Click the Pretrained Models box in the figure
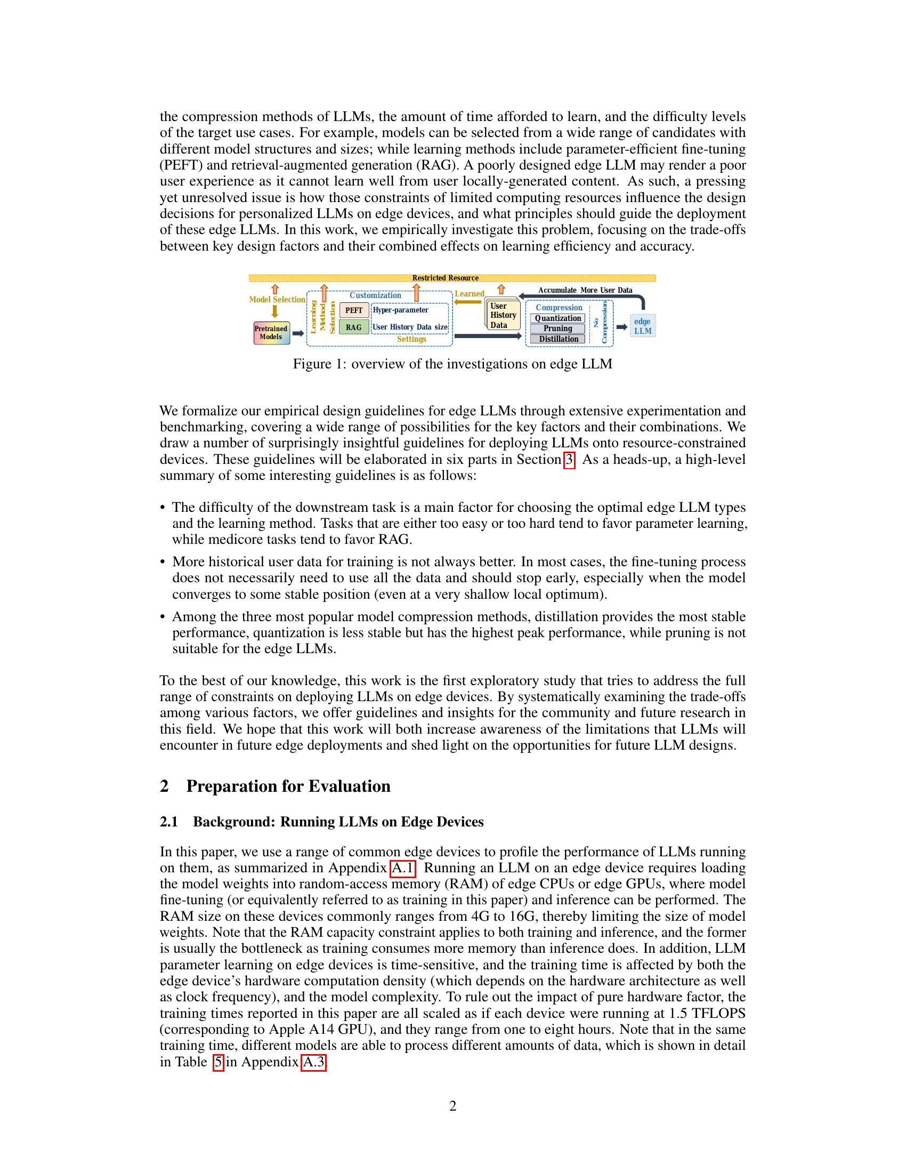271,333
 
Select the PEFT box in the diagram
354,310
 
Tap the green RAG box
354,327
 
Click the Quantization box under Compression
557,318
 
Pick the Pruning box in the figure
557,328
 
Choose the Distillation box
557,339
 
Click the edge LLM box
643,326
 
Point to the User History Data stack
503,315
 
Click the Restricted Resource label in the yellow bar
445,278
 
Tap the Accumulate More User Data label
585,290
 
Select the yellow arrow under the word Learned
468,302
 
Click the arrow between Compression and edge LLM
621,327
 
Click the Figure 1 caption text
452,364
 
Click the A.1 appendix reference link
403,868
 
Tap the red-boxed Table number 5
218,1062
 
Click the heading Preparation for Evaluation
288,786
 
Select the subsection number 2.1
169,822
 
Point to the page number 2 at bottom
452,1106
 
